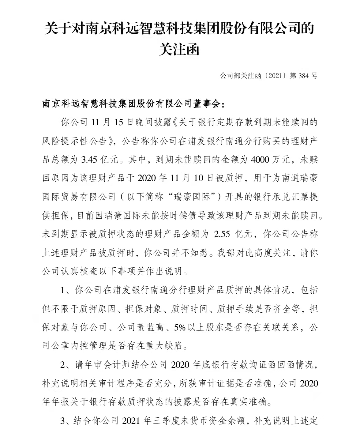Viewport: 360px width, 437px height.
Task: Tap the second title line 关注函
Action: pyautogui.click(x=179, y=49)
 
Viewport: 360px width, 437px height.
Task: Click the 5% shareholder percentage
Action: pyautogui.click(x=180, y=327)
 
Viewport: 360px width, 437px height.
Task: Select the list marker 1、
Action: pyautogui.click(x=66, y=290)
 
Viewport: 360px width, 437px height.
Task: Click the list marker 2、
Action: pyautogui.click(x=66, y=365)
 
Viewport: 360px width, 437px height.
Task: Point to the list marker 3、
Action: pyautogui.click(x=66, y=421)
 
